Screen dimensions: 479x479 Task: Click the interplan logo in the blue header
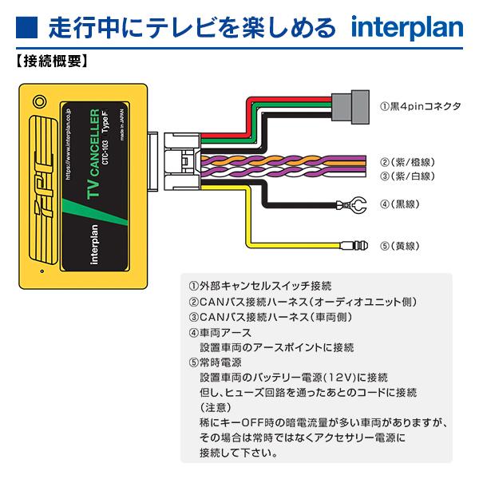406,28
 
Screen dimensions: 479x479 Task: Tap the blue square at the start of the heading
24,28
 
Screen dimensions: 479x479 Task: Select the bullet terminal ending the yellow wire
354,246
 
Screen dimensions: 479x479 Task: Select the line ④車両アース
220,332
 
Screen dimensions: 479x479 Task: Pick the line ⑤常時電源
220,362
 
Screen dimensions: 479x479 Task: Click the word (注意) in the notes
215,408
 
